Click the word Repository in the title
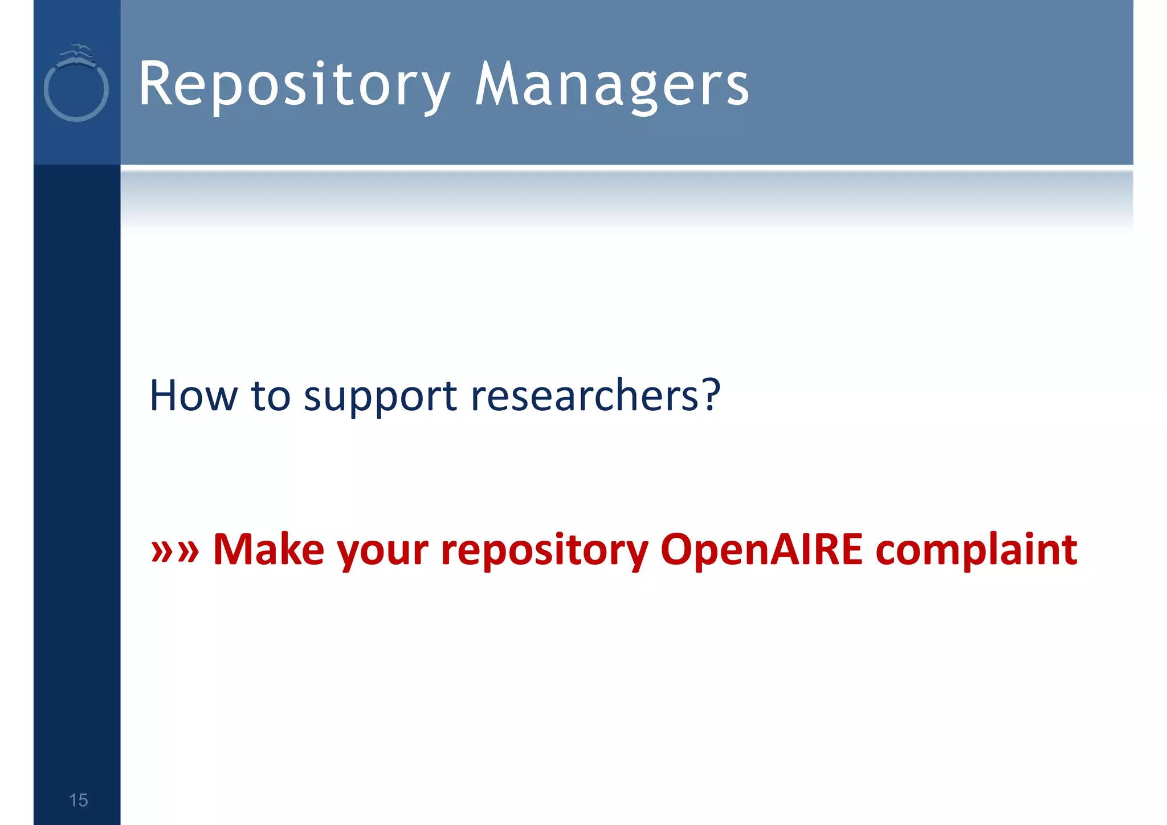(x=293, y=85)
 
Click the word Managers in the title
(x=611, y=85)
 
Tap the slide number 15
(x=78, y=800)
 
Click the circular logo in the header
(x=76, y=90)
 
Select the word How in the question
(x=193, y=395)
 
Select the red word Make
(x=268, y=549)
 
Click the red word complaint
(x=976, y=550)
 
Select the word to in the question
(x=271, y=395)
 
